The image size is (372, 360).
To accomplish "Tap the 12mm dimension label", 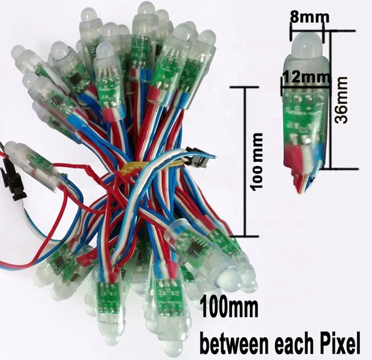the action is point(299,77).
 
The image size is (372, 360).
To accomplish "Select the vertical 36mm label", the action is point(342,100).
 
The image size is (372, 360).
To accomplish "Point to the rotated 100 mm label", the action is point(259,162).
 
